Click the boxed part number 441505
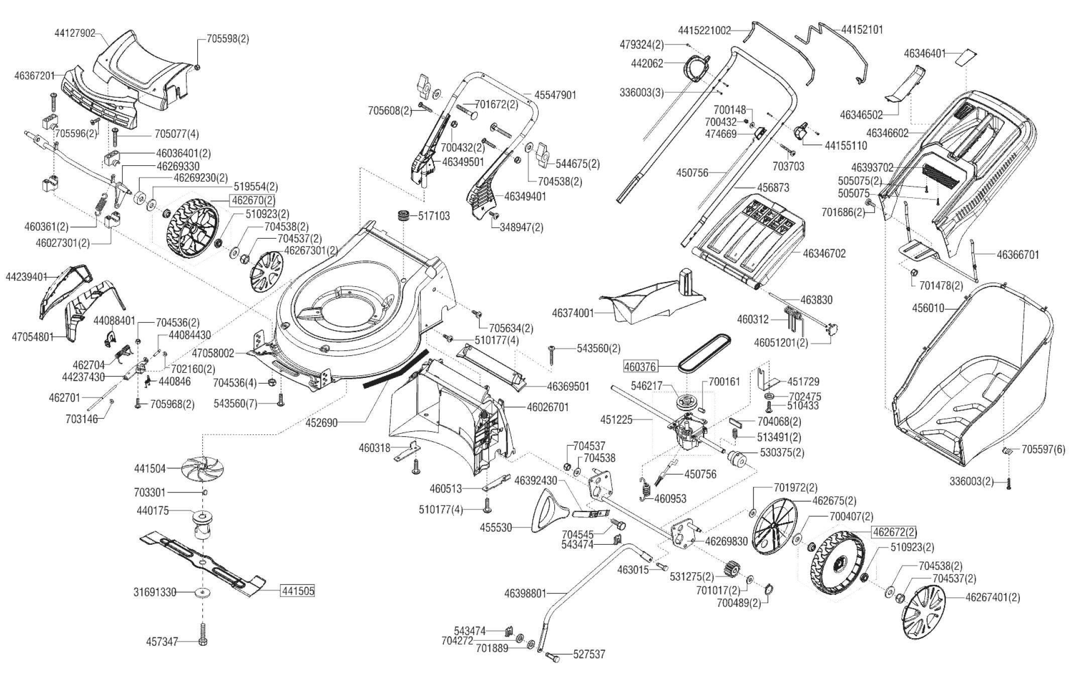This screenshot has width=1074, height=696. (x=297, y=591)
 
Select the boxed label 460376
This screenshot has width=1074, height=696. (x=640, y=367)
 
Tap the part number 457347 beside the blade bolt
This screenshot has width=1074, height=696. (x=162, y=642)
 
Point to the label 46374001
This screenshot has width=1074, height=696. (x=573, y=313)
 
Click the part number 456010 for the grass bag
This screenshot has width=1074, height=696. (x=928, y=308)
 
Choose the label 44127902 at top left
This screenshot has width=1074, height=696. (x=75, y=33)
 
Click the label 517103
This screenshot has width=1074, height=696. (x=434, y=216)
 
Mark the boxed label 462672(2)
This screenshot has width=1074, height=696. (x=895, y=532)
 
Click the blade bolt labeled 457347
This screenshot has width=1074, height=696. (x=203, y=635)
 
